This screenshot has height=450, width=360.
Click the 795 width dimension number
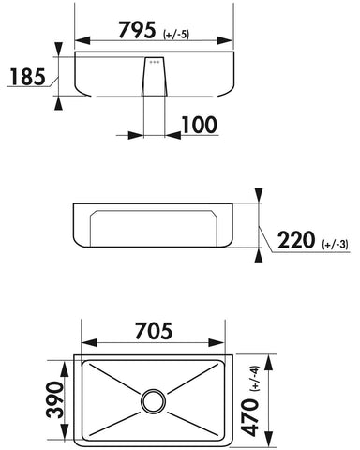click(137, 30)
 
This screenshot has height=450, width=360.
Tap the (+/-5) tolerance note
click(176, 35)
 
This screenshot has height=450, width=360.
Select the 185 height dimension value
click(28, 77)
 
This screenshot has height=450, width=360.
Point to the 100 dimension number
click(199, 125)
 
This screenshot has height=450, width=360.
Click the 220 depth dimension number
click(296, 240)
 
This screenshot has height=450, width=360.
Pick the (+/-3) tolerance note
click(336, 245)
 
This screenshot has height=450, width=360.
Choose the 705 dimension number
click(154, 331)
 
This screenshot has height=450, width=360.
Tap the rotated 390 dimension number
click(55, 399)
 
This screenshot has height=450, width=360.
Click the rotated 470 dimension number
click(250, 417)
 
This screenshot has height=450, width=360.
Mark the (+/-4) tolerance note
click(255, 379)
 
